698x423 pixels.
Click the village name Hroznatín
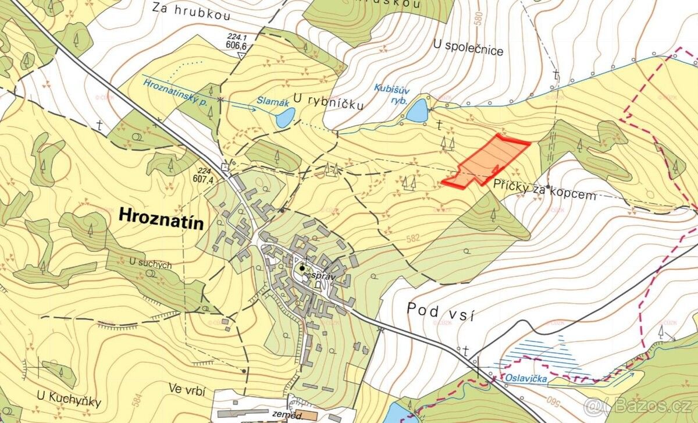point(161,215)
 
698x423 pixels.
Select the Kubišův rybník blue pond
point(416,111)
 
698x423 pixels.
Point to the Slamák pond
point(284,118)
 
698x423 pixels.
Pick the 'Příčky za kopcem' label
point(544,190)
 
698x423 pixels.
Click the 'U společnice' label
point(468,50)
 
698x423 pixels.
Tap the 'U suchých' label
point(151,264)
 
